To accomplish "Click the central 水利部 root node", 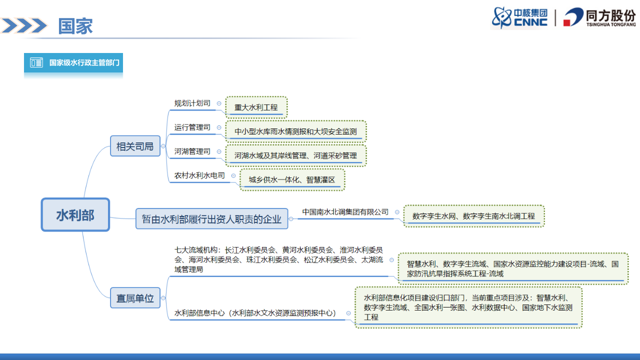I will coord(75,215).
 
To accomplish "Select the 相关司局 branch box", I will coord(135,146).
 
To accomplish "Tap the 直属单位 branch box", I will coord(135,298).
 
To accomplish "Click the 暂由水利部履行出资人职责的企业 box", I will coord(211,219).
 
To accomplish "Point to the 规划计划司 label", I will coord(192,103).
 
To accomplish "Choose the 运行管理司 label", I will coord(192,127).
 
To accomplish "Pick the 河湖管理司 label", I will coord(192,151).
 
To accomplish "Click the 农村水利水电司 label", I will coord(199,176).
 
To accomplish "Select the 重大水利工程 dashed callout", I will coord(256,107).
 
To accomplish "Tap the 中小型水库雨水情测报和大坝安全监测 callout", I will coord(295,131).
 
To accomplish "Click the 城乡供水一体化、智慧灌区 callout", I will coord(292,180).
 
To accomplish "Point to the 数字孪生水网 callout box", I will coord(473,216).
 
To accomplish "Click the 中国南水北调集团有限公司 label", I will coord(345,212).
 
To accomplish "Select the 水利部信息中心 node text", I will coord(255,313).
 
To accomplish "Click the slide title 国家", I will coord(75,26).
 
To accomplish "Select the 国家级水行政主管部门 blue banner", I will coord(73,63).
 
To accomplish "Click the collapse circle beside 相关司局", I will coord(163,146).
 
